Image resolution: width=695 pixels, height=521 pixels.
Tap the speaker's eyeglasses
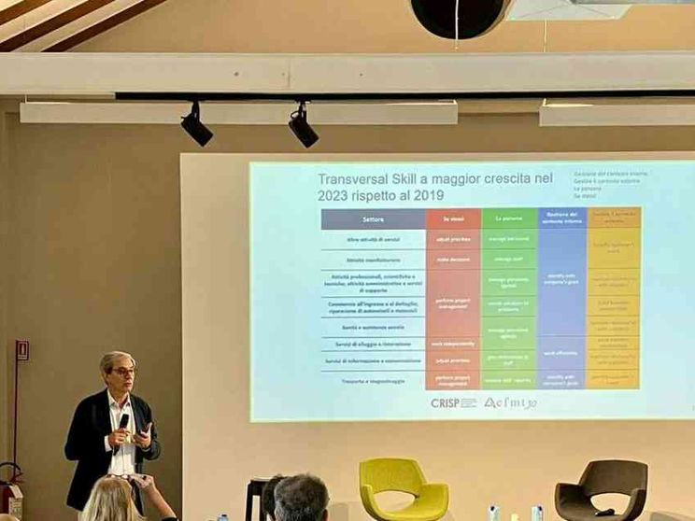click(x=122, y=372)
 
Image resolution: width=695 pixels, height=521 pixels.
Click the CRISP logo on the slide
click(x=453, y=402)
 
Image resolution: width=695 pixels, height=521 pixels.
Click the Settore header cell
click(x=373, y=219)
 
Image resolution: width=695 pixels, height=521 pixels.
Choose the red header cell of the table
click(x=453, y=219)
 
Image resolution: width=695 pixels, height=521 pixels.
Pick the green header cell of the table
click(x=509, y=219)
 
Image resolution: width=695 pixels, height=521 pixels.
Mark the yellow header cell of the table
click(x=614, y=218)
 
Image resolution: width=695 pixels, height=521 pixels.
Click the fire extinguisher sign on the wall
click(x=21, y=350)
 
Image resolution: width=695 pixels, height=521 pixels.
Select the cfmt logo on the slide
click(x=510, y=402)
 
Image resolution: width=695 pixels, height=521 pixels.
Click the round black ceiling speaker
click(x=459, y=17)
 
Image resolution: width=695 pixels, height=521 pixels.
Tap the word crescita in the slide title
click(x=504, y=178)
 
